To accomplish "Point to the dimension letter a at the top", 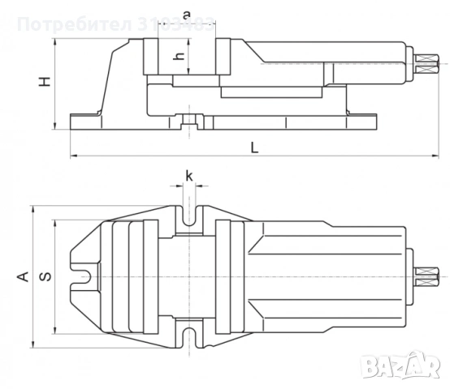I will tap(187, 15).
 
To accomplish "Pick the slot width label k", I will tap(189, 176).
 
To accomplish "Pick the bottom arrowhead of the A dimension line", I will tap(32, 344).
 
